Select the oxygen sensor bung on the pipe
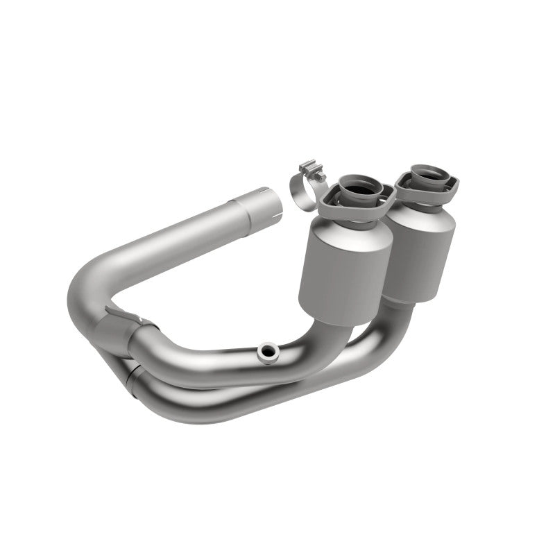click(266, 352)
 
